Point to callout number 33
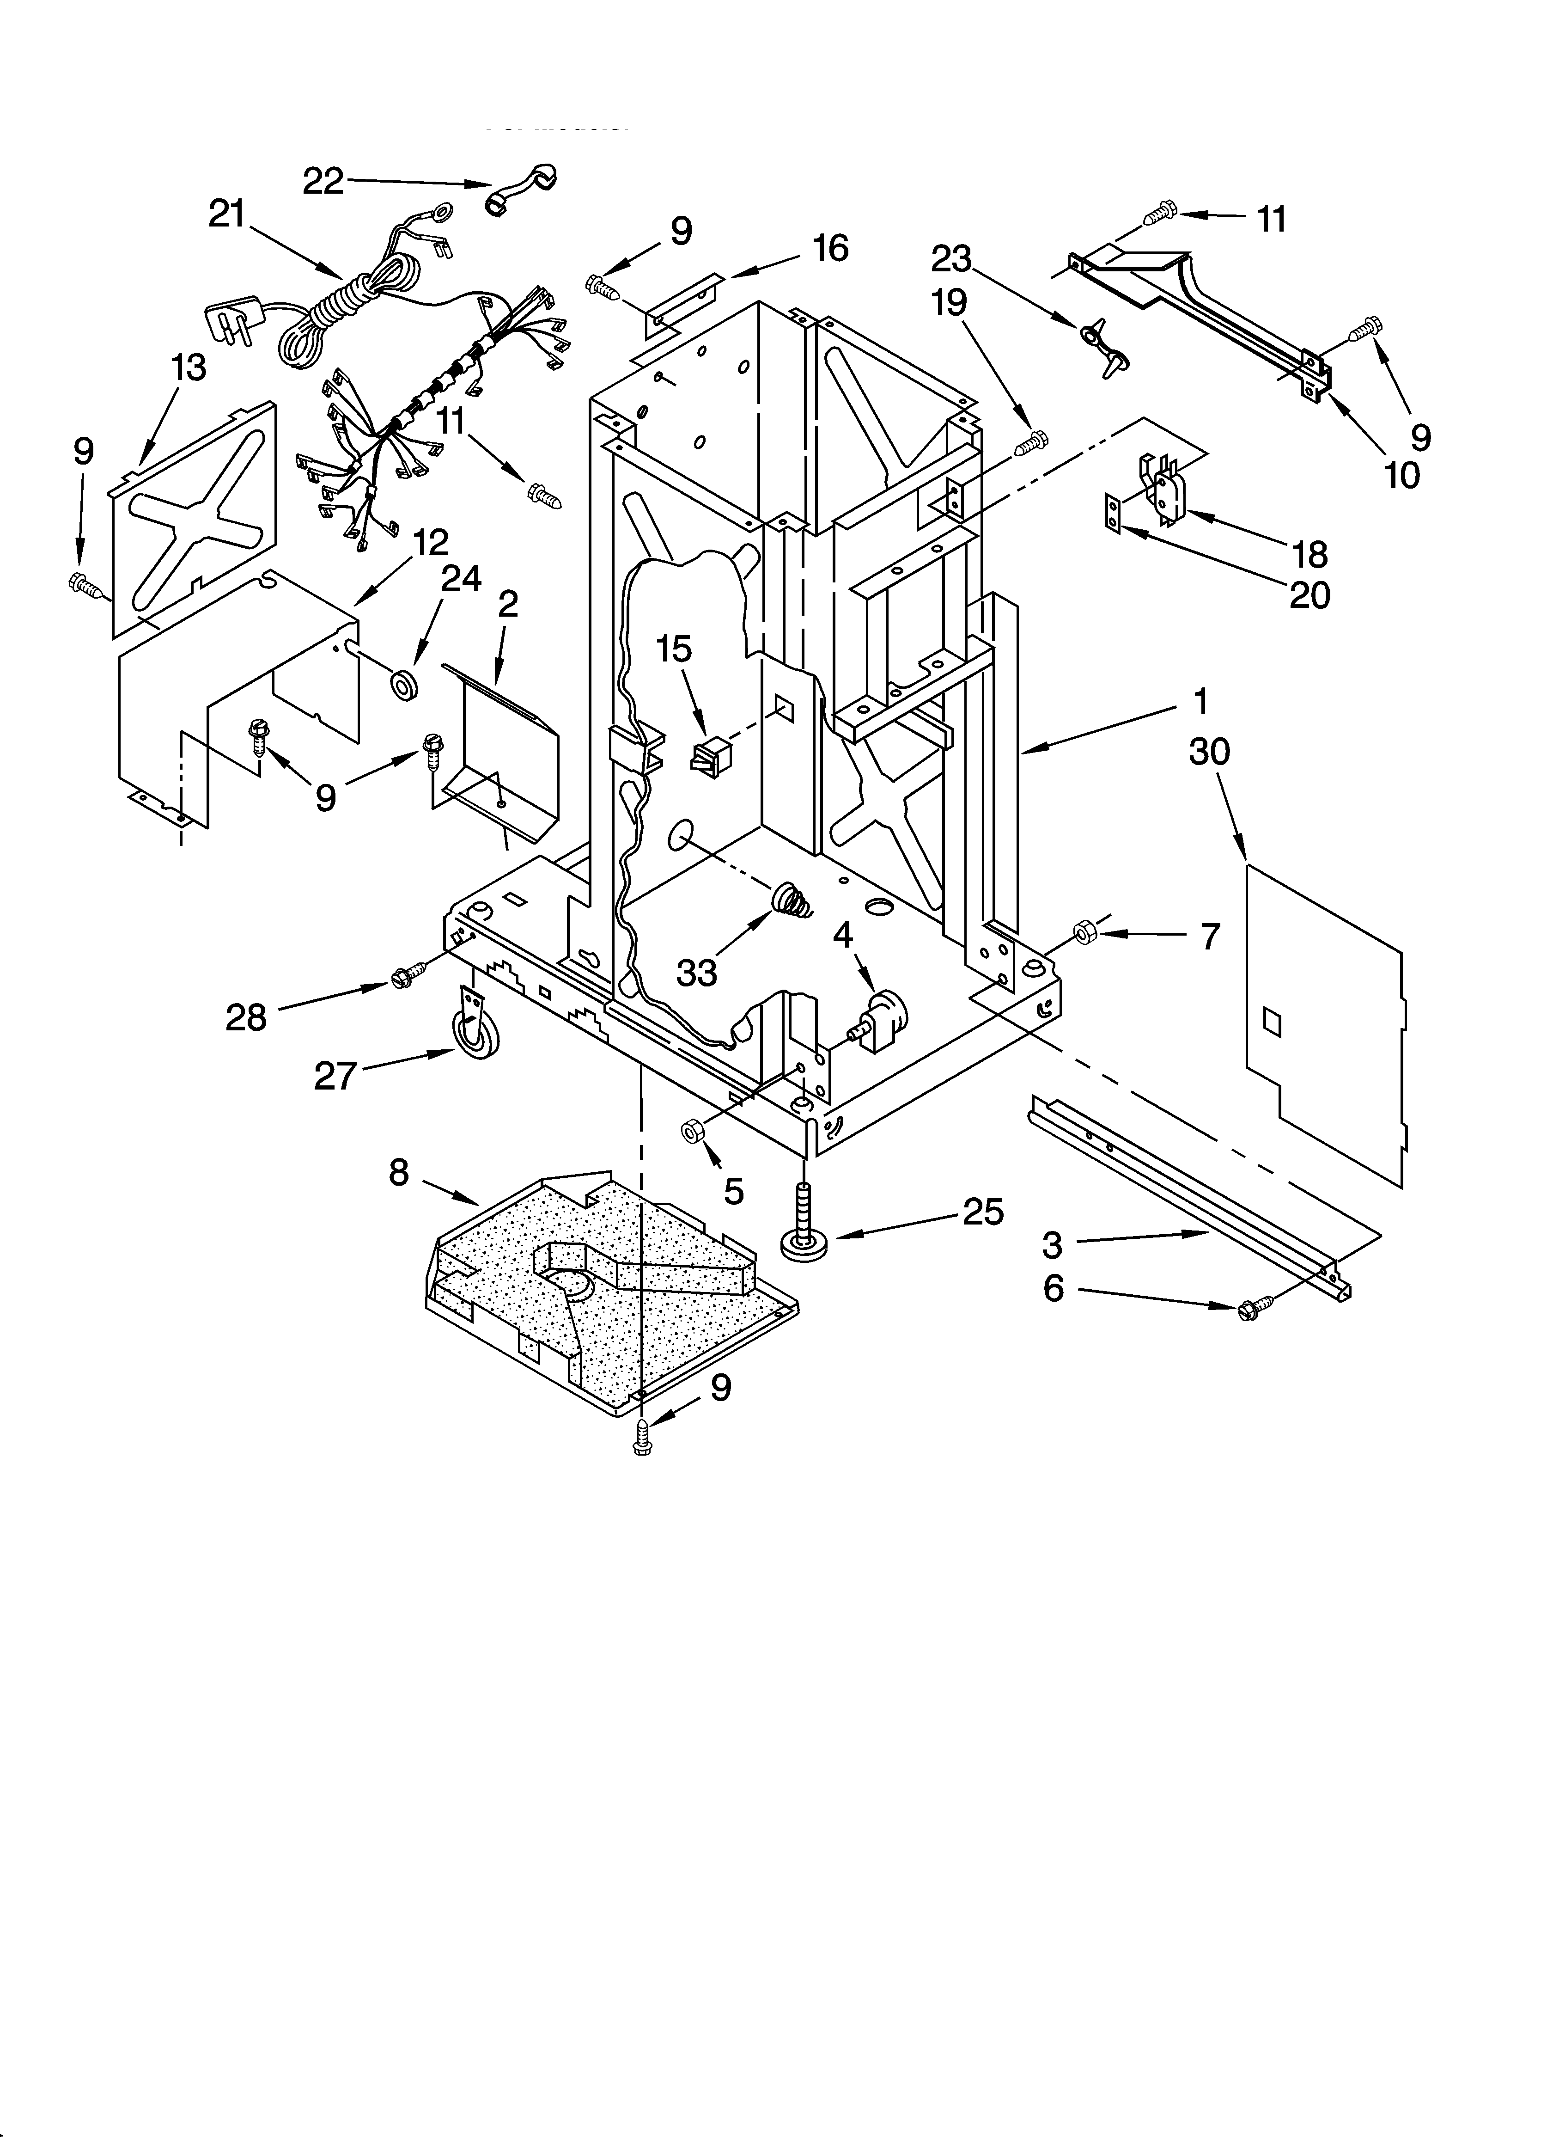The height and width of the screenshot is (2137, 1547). coord(697,972)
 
